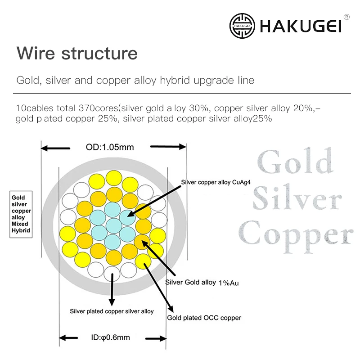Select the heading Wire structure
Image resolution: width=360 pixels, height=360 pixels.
click(x=77, y=53)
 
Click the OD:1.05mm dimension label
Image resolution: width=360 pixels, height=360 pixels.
click(x=110, y=147)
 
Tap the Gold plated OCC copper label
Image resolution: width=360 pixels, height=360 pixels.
click(x=204, y=318)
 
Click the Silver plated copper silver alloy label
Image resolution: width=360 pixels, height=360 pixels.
click(x=112, y=311)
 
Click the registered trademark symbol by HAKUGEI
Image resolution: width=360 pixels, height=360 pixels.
click(x=346, y=17)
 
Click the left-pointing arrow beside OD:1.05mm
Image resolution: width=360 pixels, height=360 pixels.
click(x=56, y=147)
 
